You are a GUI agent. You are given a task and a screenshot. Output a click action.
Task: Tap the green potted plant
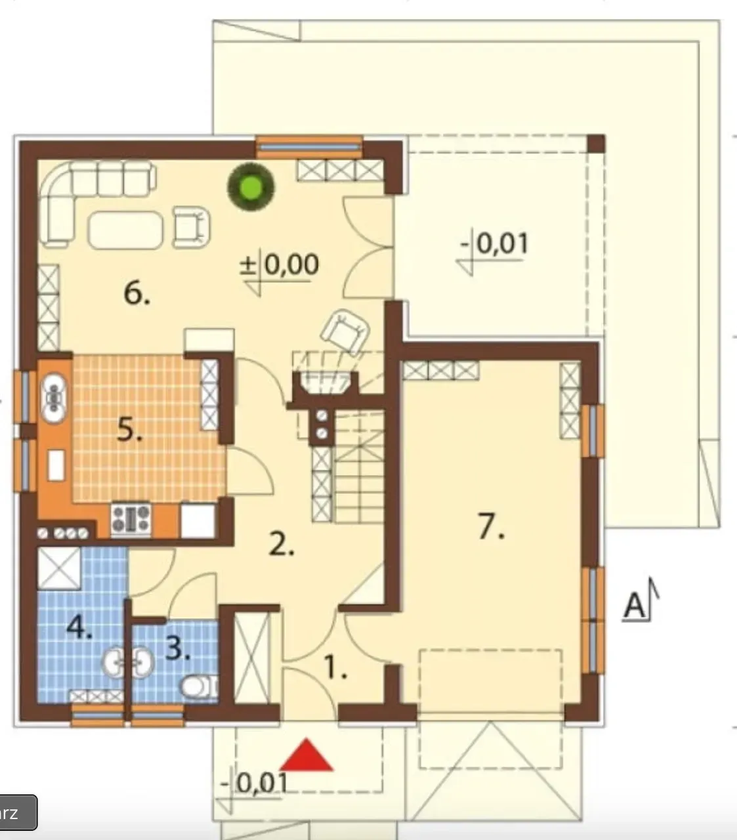251,187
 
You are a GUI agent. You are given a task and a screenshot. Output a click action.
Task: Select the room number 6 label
137,294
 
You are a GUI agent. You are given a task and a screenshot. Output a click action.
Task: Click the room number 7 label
491,526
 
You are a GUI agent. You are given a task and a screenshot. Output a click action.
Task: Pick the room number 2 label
281,543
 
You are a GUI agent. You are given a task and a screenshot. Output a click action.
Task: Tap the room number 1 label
336,668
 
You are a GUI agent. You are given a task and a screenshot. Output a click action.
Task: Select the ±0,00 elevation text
280,264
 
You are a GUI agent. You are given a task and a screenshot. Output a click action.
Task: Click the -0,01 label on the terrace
494,243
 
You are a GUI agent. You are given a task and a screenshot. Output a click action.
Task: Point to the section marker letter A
634,606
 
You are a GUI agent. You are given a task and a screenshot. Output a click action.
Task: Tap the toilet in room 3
198,686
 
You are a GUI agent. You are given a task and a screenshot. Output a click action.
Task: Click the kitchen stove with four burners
131,518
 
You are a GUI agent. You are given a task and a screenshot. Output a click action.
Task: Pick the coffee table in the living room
125,230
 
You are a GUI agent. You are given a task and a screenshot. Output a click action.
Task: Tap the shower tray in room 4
59,568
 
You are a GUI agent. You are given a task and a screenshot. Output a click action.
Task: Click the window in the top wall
309,147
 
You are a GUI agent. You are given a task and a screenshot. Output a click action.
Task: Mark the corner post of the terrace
596,144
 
